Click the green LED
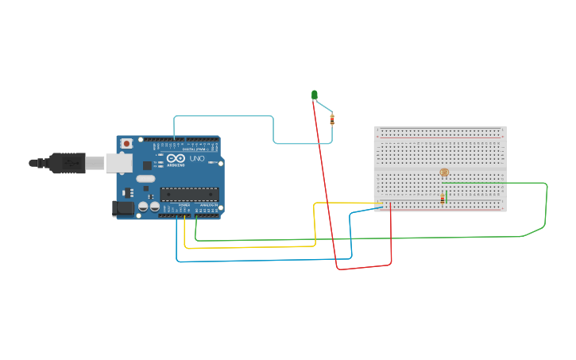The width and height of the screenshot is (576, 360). tap(315, 95)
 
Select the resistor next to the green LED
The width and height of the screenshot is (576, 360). tap(332, 120)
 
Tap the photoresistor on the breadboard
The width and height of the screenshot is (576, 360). tap(444, 172)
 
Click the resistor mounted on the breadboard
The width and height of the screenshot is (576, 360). tap(443, 199)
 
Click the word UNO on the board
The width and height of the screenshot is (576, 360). tap(197, 158)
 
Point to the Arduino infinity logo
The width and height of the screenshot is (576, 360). tap(176, 159)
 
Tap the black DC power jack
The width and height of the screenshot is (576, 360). tap(124, 207)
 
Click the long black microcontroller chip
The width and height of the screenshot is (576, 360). tap(189, 193)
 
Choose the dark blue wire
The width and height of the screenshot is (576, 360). tap(262, 260)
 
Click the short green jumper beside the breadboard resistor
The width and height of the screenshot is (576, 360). tap(446, 195)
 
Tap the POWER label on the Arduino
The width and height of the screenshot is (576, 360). tap(184, 205)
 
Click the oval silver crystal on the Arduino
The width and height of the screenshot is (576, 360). tap(145, 179)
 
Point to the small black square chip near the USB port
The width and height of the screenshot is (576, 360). tap(147, 165)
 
